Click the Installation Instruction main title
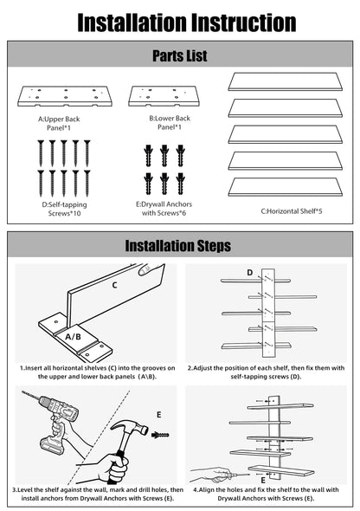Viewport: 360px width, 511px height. tap(187, 23)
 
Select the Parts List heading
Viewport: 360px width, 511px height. tap(180, 55)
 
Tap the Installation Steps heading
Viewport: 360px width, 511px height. tap(178, 246)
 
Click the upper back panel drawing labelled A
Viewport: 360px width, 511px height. tap(65, 96)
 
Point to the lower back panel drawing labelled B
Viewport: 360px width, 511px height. tap(164, 96)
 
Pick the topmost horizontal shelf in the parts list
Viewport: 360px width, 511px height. tap(285, 81)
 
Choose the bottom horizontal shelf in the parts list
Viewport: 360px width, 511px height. tap(285, 187)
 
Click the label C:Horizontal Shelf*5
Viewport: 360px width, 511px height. tap(292, 211)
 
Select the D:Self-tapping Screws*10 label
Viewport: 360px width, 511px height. tap(64, 209)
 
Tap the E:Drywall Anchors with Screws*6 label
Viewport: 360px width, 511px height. tap(164, 209)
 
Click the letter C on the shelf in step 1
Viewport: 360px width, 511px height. tap(114, 286)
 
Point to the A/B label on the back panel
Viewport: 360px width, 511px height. tap(73, 337)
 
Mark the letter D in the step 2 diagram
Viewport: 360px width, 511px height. tap(249, 273)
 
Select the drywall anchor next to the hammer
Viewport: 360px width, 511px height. tap(160, 435)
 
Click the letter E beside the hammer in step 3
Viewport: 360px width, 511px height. tap(159, 415)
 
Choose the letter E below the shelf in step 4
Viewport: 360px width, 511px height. tap(263, 481)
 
